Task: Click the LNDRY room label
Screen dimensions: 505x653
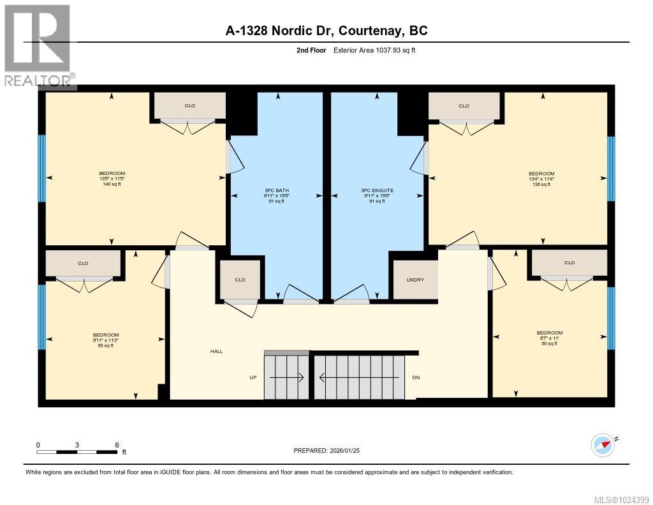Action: tap(415, 280)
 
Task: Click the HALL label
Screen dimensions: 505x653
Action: tap(217, 351)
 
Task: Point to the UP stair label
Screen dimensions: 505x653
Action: tap(253, 377)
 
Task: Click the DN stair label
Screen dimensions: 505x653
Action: tap(416, 377)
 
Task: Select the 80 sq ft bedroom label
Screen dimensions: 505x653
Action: tap(549, 338)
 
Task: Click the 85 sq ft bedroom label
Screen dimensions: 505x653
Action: tap(106, 340)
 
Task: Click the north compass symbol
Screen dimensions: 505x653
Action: tap(603, 444)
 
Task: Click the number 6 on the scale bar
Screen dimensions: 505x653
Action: tap(117, 444)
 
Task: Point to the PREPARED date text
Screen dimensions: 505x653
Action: tap(331, 451)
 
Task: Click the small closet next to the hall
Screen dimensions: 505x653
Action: tap(240, 279)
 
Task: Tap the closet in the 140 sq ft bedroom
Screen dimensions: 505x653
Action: tap(189, 105)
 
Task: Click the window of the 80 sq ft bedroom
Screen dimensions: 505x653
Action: tap(611, 319)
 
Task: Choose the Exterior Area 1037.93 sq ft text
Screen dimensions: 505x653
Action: tap(374, 50)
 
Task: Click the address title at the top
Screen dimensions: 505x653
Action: tap(326, 30)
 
